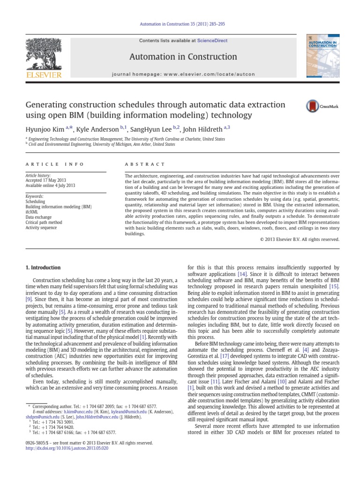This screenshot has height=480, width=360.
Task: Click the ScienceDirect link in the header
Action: pos(212,41)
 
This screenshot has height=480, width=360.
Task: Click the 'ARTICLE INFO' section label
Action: pos(54,164)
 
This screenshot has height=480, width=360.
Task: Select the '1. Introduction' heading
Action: pos(42,268)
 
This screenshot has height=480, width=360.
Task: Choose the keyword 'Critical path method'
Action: pos(44,223)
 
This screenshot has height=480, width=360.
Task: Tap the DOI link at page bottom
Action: pos(67,448)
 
